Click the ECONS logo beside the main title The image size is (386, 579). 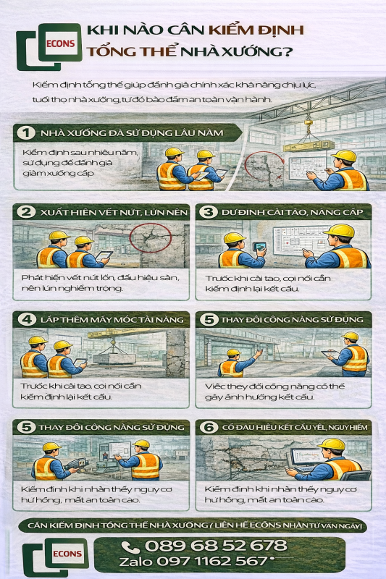pyautogui.click(x=49, y=46)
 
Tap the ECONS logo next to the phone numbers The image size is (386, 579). pyautogui.click(x=56, y=556)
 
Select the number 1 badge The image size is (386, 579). pyautogui.click(x=26, y=133)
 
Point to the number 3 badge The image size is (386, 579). pyautogui.click(x=209, y=212)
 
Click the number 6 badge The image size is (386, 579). pyautogui.click(x=209, y=427)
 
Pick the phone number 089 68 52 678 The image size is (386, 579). pyautogui.click(x=216, y=546)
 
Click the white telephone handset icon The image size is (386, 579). pyautogui.click(x=130, y=547)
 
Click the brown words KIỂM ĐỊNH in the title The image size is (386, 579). pyautogui.click(x=256, y=30)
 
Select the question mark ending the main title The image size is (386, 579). pyautogui.click(x=285, y=51)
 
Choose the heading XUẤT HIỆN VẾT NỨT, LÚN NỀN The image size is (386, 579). pyautogui.click(x=114, y=212)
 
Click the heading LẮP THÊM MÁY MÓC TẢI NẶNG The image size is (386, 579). pyautogui.click(x=112, y=320)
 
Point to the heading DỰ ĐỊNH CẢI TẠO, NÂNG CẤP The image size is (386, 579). pyautogui.click(x=292, y=212)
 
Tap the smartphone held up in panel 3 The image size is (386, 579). pyautogui.click(x=259, y=246)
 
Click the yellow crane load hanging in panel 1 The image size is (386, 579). pyautogui.click(x=309, y=145)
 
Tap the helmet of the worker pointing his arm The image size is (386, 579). pyautogui.click(x=234, y=352)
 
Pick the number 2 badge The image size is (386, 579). pyautogui.click(x=27, y=212)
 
